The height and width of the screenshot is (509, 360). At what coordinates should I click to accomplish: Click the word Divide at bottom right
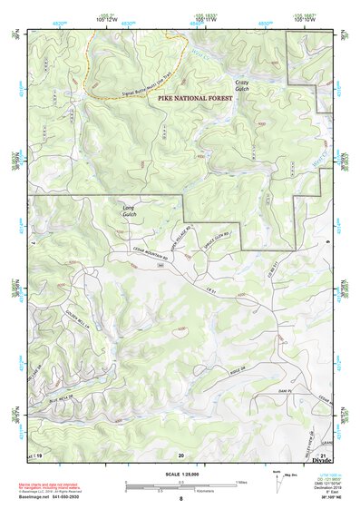[x=322, y=461]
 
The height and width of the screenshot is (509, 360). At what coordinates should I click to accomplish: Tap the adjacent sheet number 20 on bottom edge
[x=181, y=455]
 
